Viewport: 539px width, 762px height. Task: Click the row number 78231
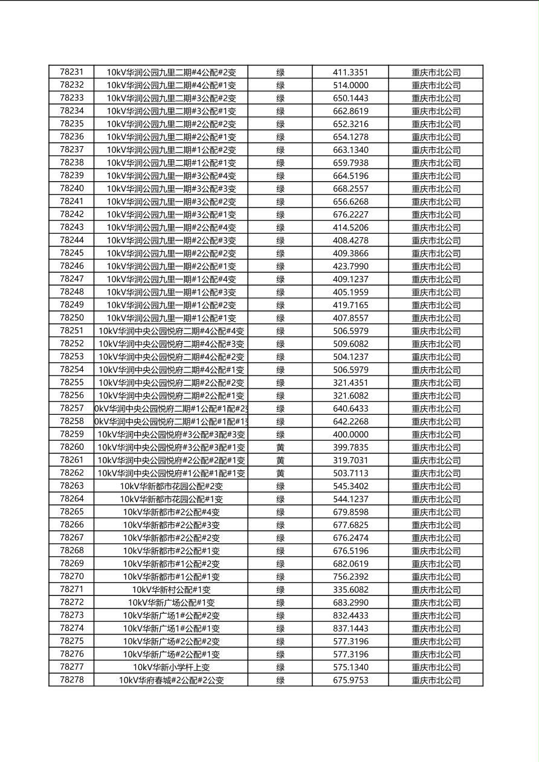[x=71, y=72]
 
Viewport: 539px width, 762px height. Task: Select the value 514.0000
[x=350, y=85]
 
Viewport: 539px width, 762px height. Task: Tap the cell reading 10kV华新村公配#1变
[x=171, y=590]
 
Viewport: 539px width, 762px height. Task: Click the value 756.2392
[x=350, y=577]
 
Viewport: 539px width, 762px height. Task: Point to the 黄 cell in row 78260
[x=280, y=447]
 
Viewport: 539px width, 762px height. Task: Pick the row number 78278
[x=71, y=680]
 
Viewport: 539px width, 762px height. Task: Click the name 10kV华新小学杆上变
[x=171, y=667]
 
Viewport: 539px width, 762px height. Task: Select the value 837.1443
[x=350, y=629]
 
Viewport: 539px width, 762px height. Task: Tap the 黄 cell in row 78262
[x=280, y=473]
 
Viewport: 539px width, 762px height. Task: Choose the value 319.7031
[x=350, y=460]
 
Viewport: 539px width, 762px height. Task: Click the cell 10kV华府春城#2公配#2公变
[x=171, y=680]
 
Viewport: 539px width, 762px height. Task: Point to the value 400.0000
[x=350, y=435]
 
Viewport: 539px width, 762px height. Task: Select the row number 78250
[x=71, y=318]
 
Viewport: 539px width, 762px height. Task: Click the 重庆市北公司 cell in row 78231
[x=436, y=72]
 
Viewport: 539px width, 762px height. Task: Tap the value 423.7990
[x=350, y=266]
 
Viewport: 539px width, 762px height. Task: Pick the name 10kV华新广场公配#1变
[x=171, y=603]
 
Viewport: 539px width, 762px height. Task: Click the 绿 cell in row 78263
[x=280, y=486]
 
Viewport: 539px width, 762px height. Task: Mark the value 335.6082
[x=350, y=590]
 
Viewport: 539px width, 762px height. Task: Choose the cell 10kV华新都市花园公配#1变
[x=171, y=499]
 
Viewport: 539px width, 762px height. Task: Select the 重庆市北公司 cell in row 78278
[x=436, y=680]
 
